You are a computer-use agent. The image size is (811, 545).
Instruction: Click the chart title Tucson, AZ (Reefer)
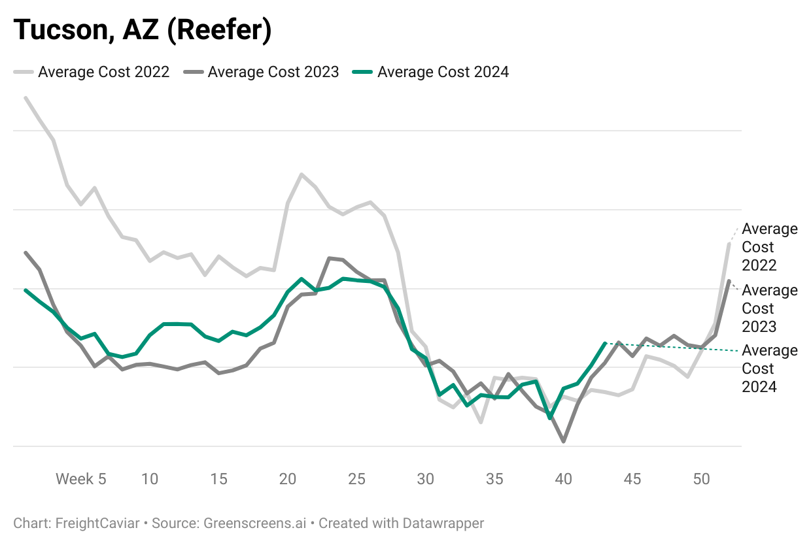142,31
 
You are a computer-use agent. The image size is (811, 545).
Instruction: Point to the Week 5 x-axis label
80,479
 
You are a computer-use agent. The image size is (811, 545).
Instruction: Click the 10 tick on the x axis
150,479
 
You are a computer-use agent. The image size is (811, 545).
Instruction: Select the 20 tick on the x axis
288,479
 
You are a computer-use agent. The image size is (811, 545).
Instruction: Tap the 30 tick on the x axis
426,479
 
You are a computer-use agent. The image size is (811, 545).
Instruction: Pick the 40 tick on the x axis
563,479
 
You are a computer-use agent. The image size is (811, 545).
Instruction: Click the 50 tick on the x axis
701,479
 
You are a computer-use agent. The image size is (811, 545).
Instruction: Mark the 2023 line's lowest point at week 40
563,442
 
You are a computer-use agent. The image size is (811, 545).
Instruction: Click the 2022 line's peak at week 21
302,174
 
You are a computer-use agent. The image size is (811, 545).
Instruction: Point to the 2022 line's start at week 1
26,98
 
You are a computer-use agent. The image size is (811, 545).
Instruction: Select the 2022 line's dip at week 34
481,422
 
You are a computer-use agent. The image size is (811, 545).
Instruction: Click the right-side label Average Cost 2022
770,247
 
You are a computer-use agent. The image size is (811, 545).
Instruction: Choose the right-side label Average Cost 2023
770,308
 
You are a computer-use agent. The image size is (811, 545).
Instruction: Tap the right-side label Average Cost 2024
770,369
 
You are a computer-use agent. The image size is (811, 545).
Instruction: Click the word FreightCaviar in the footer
97,523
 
